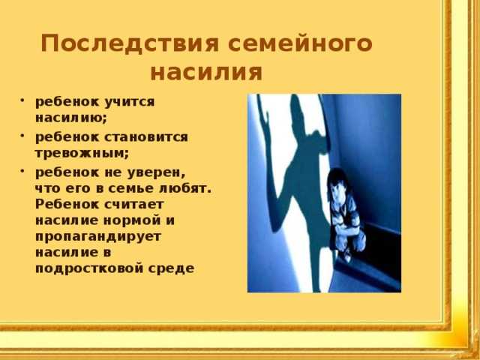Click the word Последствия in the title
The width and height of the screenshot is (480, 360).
click(x=130, y=43)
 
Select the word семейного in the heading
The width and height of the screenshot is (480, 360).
click(x=300, y=43)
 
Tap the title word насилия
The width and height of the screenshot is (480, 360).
click(x=207, y=73)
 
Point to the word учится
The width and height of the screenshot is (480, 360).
click(x=130, y=103)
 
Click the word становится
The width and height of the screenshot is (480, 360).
click(x=146, y=136)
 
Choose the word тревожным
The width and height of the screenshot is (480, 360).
click(x=82, y=153)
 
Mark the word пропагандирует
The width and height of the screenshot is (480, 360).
click(x=98, y=237)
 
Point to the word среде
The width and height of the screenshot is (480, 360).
click(x=172, y=268)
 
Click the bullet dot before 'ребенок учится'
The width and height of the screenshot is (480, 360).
click(x=22, y=100)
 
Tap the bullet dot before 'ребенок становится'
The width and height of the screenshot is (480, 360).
click(x=22, y=136)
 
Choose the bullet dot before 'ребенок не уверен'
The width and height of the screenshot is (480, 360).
click(x=22, y=171)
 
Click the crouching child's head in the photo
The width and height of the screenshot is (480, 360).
click(x=337, y=181)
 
